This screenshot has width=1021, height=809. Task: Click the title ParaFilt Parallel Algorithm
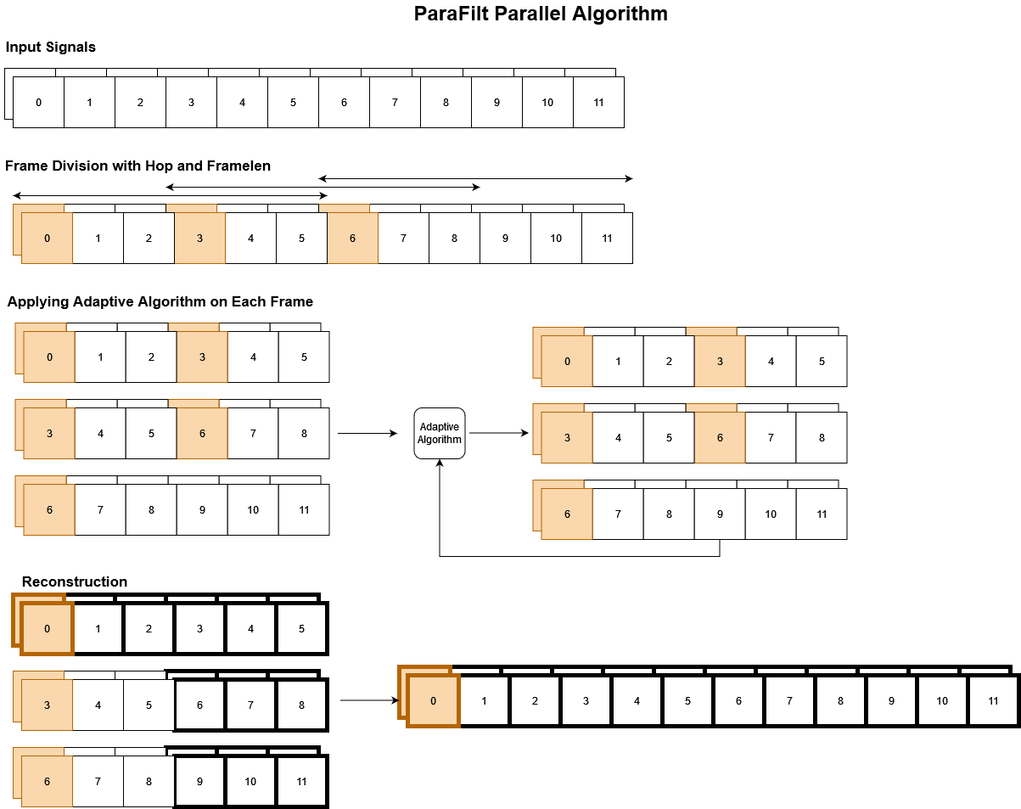[541, 14]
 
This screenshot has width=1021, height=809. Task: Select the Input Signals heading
[51, 48]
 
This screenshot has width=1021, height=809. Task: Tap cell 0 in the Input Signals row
[39, 103]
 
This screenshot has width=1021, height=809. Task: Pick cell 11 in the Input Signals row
[598, 103]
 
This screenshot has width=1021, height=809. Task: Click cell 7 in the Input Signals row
[395, 103]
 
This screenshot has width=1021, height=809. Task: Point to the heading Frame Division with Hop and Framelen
[138, 166]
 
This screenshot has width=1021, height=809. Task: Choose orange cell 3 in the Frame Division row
[199, 239]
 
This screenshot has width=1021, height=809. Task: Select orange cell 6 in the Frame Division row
[352, 239]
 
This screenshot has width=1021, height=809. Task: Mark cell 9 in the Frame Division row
[505, 239]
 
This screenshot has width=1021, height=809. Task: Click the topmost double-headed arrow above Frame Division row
[475, 178]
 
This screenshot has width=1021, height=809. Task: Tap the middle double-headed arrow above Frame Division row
[323, 187]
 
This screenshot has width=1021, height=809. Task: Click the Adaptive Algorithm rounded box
[440, 433]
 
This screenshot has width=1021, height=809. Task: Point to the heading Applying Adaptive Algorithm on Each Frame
[160, 302]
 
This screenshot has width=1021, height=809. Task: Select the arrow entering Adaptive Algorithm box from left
[367, 433]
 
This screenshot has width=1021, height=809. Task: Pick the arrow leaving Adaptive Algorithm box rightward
[499, 433]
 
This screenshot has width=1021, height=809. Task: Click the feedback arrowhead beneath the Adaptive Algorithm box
[440, 463]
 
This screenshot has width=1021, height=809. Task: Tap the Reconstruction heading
[75, 582]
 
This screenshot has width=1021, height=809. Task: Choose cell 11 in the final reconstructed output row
[993, 701]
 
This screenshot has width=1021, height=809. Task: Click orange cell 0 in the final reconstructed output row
[434, 701]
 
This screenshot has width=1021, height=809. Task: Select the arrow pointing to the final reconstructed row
[369, 700]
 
